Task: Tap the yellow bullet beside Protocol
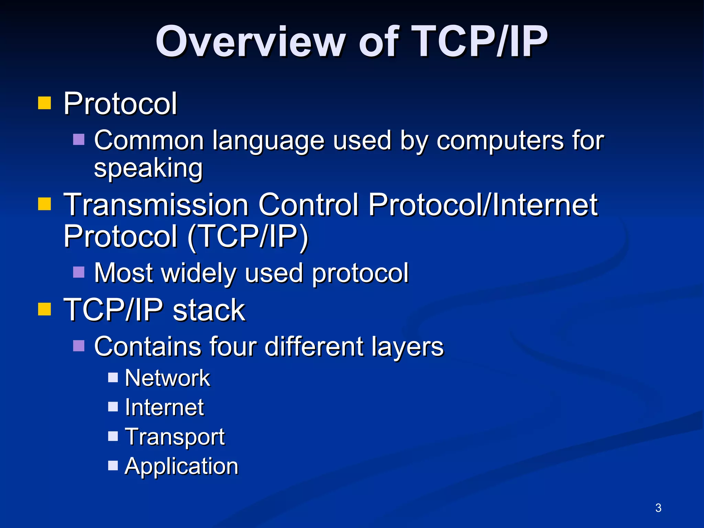[x=44, y=103]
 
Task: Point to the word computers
[x=500, y=141]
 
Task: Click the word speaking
[x=148, y=168]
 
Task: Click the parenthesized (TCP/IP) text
[x=247, y=236]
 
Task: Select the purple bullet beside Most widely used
[x=79, y=272]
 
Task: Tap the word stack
[x=209, y=310]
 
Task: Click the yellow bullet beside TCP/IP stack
[x=44, y=309]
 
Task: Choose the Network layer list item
[x=167, y=378]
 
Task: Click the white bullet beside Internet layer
[x=113, y=407]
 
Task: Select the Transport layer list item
[x=174, y=437]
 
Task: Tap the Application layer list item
[x=181, y=466]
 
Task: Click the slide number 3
[x=658, y=508]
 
